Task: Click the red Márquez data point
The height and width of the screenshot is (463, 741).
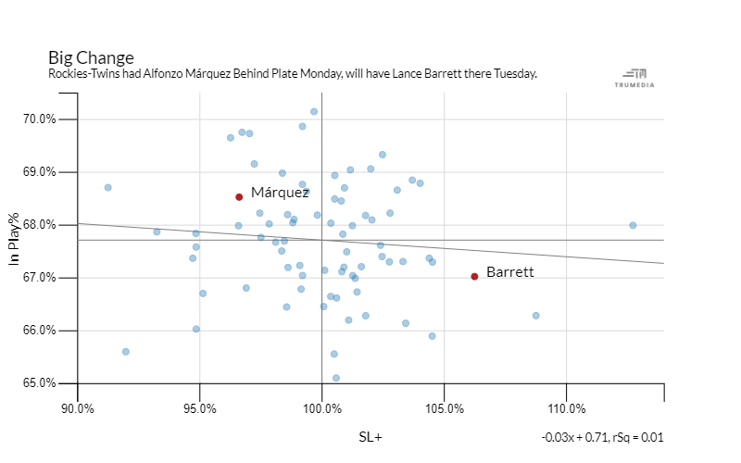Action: [x=239, y=196]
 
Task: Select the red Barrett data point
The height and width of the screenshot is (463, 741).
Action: [x=474, y=276]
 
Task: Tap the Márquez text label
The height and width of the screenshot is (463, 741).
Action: [x=280, y=193]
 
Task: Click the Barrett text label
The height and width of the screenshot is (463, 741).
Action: [x=510, y=272]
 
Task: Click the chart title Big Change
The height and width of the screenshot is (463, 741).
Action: [x=91, y=57]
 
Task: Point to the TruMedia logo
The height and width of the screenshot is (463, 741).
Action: [x=634, y=78]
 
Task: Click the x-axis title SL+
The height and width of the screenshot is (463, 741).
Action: [x=370, y=437]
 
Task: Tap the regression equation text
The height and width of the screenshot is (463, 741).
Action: [x=602, y=437]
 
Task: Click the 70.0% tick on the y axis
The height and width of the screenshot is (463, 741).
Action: [x=40, y=119]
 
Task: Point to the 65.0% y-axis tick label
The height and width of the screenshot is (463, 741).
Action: [x=40, y=383]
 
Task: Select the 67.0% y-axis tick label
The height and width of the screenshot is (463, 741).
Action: [x=40, y=278]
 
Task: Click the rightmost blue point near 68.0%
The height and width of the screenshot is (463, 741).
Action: [x=633, y=225]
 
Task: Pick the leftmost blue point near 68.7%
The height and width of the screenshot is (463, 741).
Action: [x=107, y=187]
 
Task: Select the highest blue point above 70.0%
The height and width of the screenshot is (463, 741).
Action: [x=314, y=111]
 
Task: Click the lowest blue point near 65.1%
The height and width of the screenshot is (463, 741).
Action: [x=336, y=378]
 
